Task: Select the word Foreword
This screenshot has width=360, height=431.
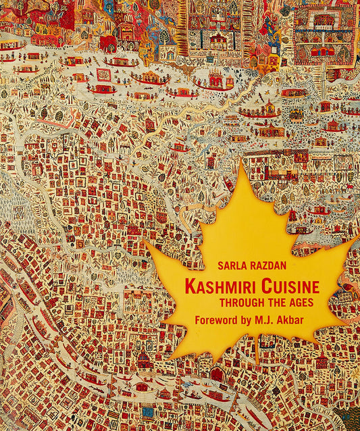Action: click(x=217, y=320)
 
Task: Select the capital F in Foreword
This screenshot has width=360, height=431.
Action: click(x=197, y=320)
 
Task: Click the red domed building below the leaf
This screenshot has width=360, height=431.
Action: click(x=216, y=374)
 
